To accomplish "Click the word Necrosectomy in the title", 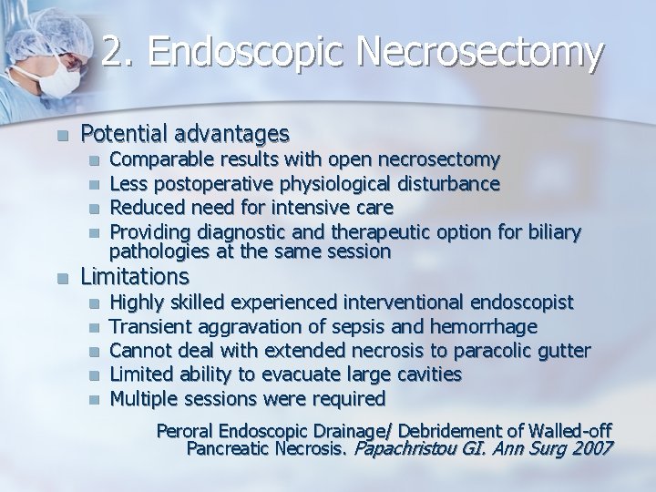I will coord(479,53).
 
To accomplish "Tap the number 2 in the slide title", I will coord(113,53).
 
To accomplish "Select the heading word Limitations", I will coord(135,275).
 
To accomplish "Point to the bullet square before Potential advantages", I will coord(62,136).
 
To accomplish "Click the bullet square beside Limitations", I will coord(62,276).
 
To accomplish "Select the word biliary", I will coord(548,232).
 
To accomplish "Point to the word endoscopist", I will coord(520,302).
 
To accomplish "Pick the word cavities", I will coord(427,374).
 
